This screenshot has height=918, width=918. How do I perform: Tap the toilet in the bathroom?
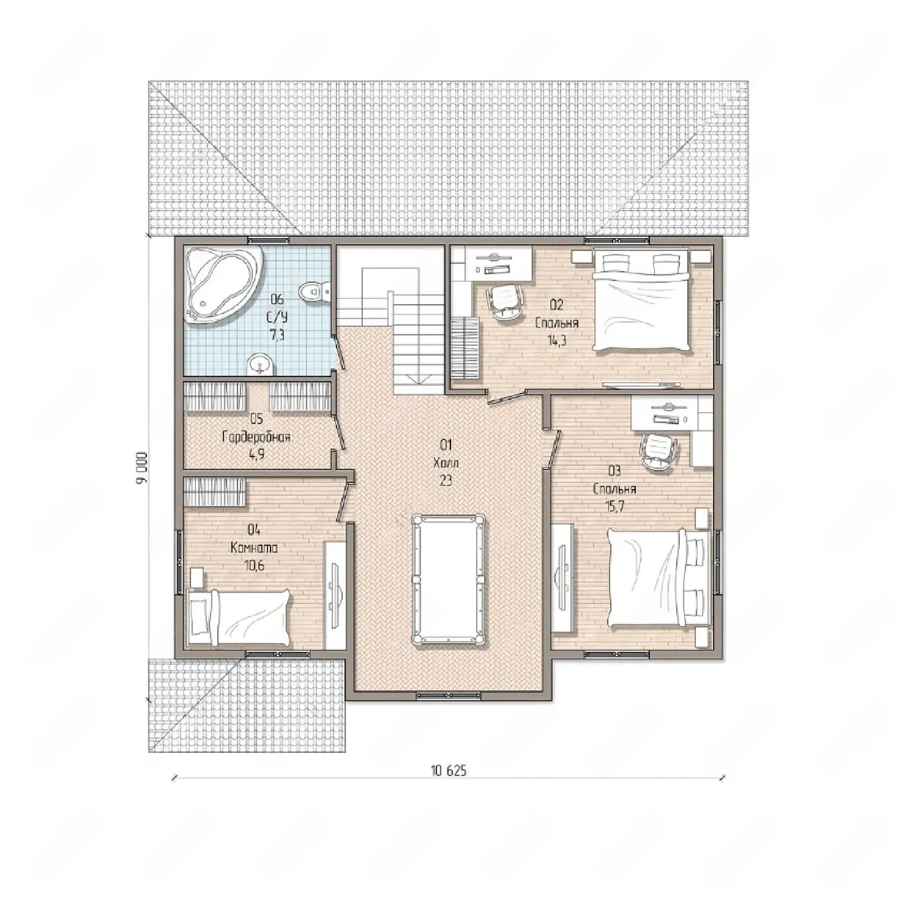[314, 290]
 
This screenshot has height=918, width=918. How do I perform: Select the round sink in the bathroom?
[260, 364]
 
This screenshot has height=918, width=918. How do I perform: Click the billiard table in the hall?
[448, 579]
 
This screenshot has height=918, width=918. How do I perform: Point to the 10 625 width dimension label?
[448, 784]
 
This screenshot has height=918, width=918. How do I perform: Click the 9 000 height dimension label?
[142, 468]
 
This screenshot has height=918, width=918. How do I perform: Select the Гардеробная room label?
[256, 437]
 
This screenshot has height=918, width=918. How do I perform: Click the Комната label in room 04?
[254, 548]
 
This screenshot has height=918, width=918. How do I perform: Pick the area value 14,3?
[557, 341]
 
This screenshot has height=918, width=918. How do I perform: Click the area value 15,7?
[615, 506]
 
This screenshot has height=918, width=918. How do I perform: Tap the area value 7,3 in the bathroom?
[277, 335]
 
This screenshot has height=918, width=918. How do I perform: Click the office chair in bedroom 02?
[505, 303]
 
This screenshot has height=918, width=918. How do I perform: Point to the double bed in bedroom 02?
[640, 301]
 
